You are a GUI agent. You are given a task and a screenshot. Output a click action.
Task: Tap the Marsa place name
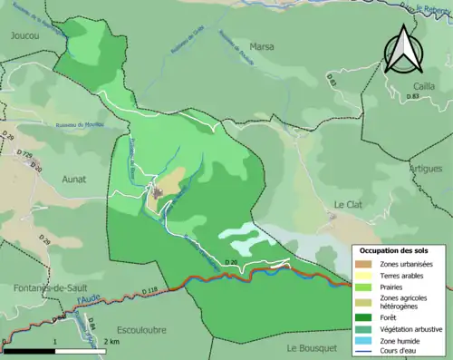point(262,46)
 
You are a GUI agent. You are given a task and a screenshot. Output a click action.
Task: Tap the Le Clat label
point(348,205)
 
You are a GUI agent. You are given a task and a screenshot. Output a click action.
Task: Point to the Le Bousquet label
point(312,347)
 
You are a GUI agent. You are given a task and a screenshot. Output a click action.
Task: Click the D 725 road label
point(27,156)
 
